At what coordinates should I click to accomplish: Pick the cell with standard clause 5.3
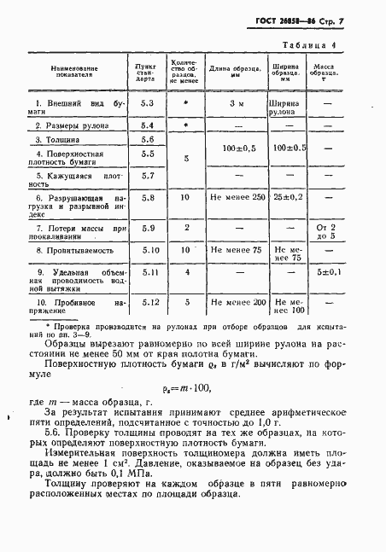click(x=146, y=103)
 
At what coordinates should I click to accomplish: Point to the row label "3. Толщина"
click(x=58, y=139)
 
